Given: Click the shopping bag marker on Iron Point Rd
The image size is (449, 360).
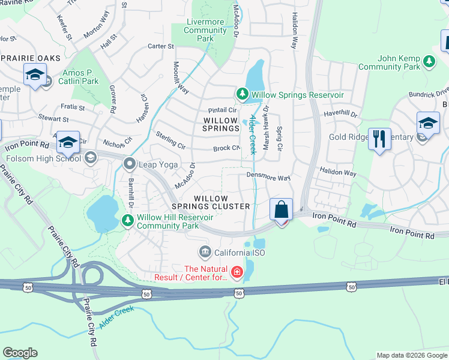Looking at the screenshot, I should (x=281, y=211).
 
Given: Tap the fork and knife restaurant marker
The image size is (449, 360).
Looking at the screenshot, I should (x=379, y=139).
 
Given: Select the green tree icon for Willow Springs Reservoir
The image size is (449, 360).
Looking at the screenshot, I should (x=241, y=95).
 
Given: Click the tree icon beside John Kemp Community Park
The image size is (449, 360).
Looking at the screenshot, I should (x=429, y=61).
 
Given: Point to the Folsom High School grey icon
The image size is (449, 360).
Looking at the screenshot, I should (x=91, y=158).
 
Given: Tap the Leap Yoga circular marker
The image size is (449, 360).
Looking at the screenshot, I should (x=128, y=163).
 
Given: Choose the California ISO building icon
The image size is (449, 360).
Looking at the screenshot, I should (x=205, y=251).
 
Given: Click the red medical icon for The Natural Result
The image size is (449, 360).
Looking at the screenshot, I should (x=237, y=274).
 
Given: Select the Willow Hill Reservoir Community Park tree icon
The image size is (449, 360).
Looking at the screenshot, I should (x=128, y=221).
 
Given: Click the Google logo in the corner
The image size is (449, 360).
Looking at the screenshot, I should (x=20, y=353).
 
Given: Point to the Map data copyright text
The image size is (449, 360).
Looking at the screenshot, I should (x=411, y=355).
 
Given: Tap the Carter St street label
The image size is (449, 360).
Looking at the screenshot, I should (x=160, y=46).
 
